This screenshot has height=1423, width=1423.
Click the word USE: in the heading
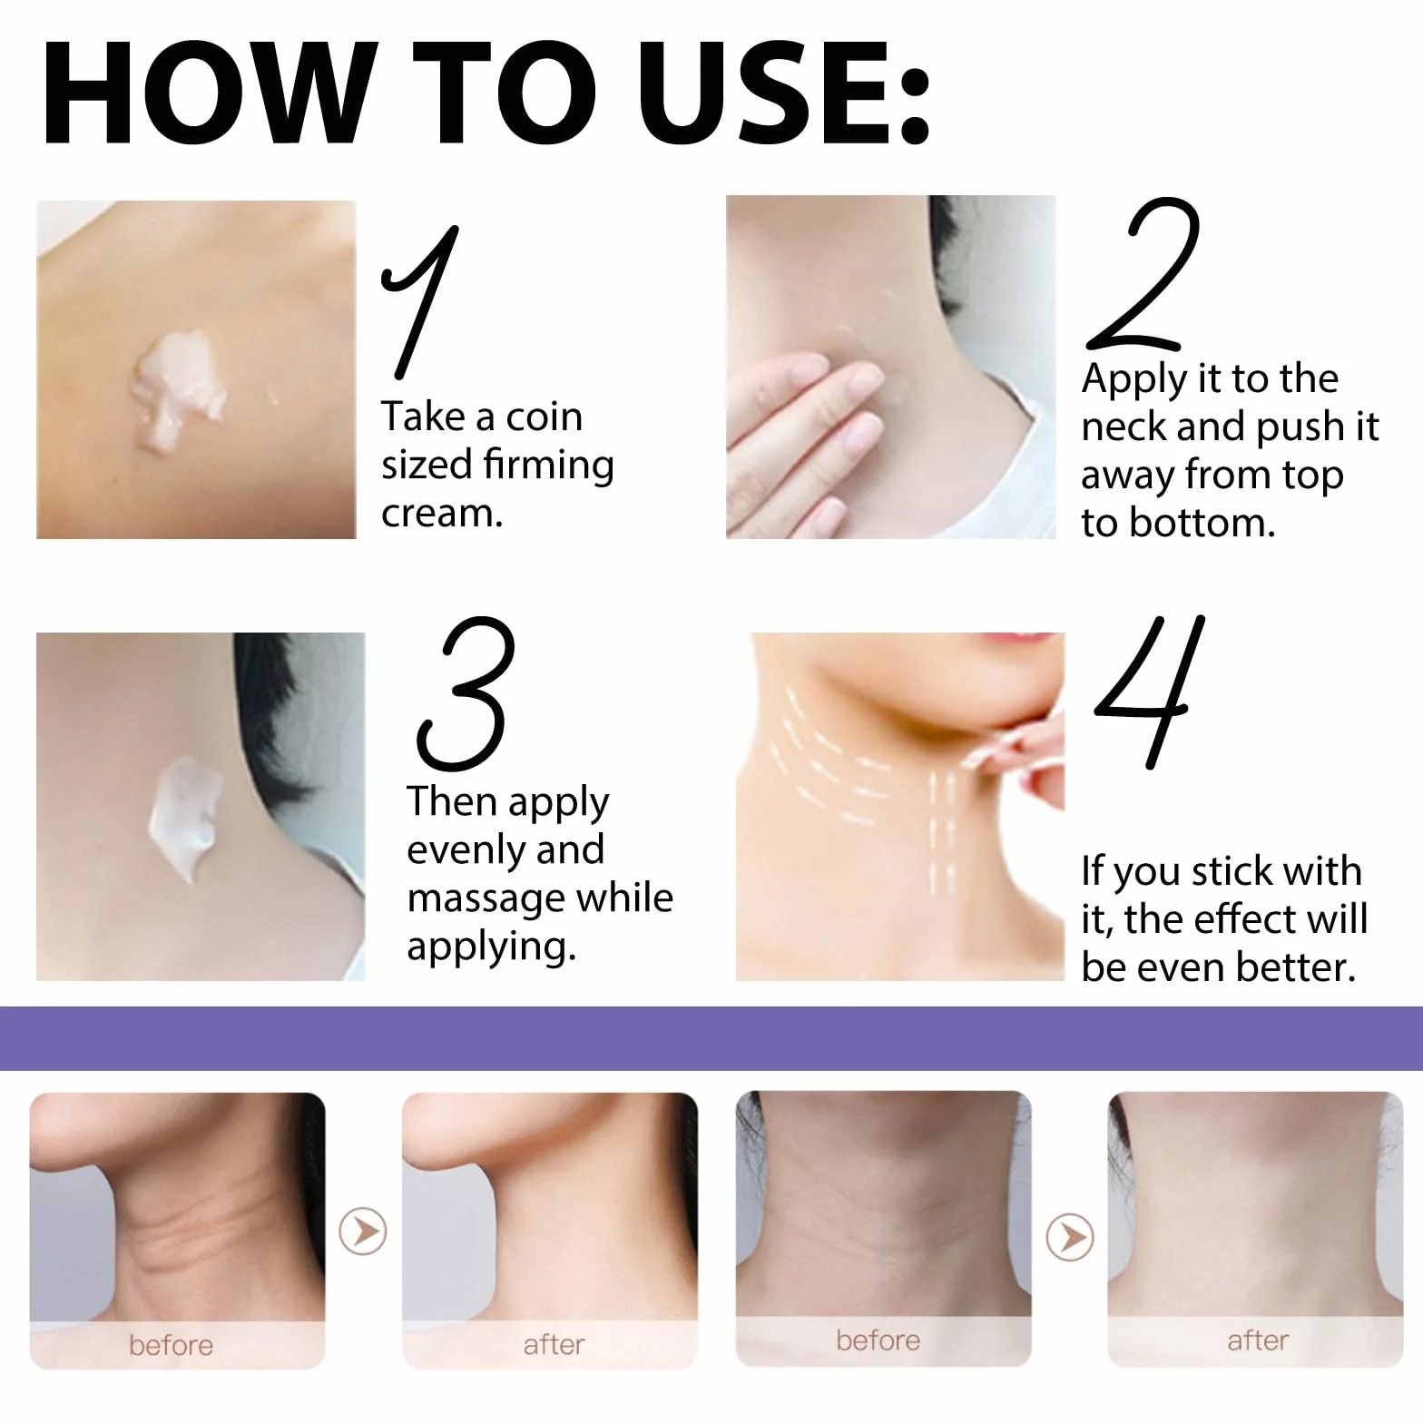point(785,93)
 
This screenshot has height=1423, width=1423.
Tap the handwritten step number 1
point(420,302)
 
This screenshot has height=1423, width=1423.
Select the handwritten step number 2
point(1143,274)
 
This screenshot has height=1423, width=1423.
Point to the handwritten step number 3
point(466,693)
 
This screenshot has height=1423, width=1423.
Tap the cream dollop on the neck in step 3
point(186,817)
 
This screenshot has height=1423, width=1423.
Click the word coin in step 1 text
point(544,417)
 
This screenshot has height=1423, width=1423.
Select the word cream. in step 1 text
point(442,514)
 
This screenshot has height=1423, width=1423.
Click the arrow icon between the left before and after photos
point(363,1231)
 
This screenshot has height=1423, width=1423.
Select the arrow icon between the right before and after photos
point(1070,1237)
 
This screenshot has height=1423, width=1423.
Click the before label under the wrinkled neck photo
point(171,1345)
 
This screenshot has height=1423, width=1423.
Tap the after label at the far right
point(1258,1340)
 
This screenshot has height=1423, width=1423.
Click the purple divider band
point(711,1038)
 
